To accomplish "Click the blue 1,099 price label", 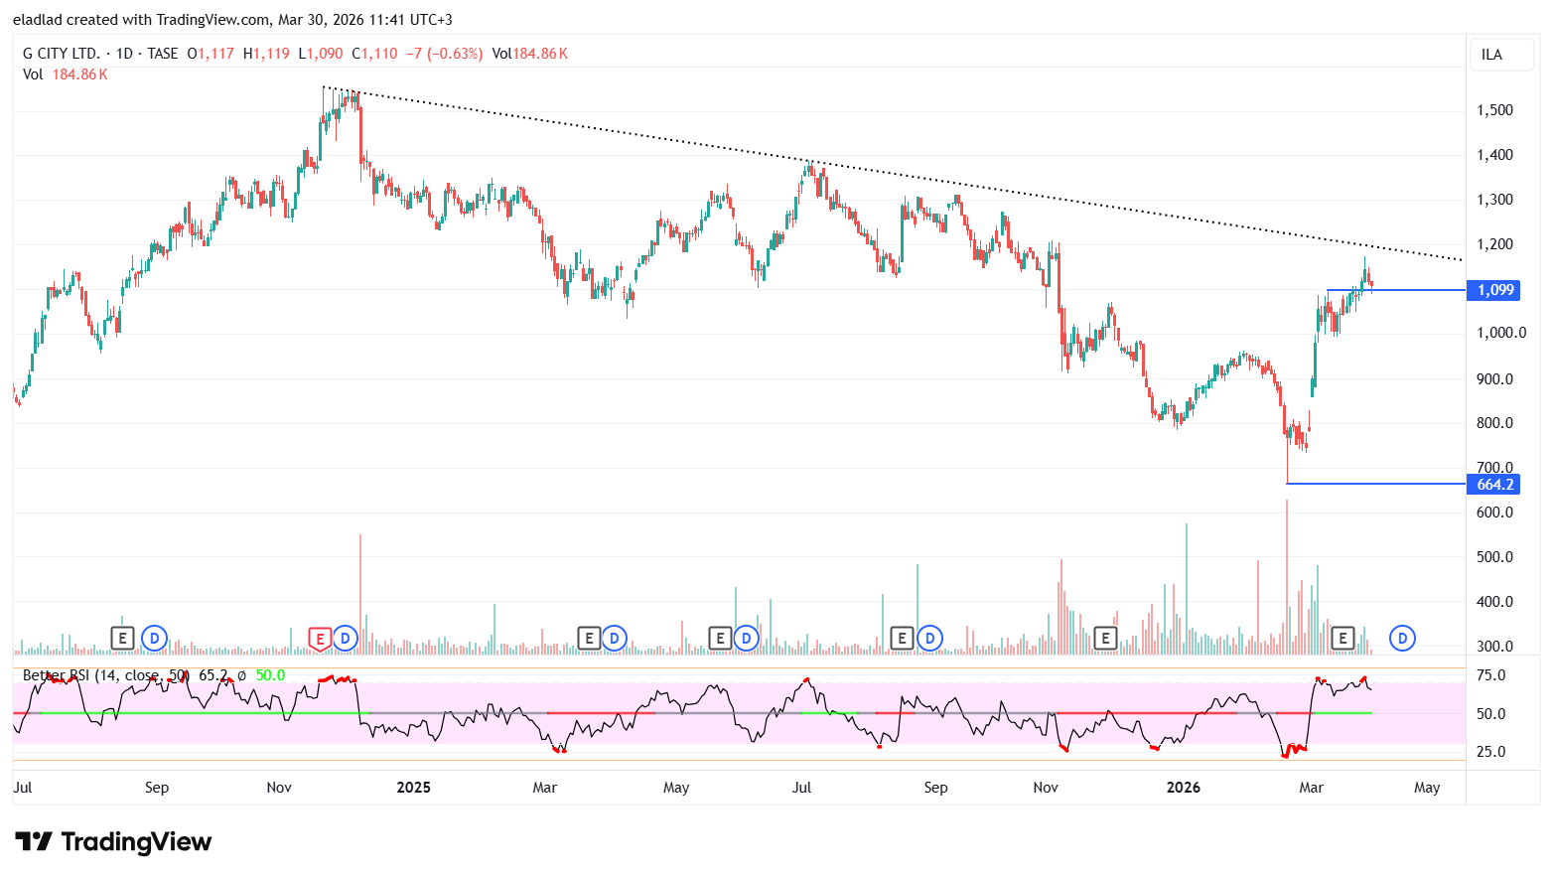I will pos(1494,290).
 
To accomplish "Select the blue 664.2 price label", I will pos(1494,485).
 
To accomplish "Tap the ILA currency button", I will pos(1491,55).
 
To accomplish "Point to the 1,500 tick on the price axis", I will pos(1494,110).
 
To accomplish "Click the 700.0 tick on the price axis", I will pos(1494,467).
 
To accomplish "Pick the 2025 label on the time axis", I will pos(413,788).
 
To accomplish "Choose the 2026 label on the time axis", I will pos(1183,788).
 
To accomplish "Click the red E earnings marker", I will pos(320,639).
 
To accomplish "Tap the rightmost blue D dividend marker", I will pos(1402,638).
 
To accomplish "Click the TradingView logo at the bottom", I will pos(113,842).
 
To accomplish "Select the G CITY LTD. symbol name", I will pos(61,54).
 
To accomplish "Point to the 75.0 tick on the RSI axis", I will pos(1490,675).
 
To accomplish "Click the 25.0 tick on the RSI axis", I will pos(1490,752).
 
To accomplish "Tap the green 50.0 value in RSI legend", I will pos(270,675).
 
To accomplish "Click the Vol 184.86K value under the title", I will pos(79,74).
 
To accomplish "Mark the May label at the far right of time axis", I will pos(1427,788).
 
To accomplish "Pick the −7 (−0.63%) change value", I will pos(444,54).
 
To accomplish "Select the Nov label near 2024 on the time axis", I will pos(279,788).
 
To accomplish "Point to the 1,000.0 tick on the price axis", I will pos(1499,333).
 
